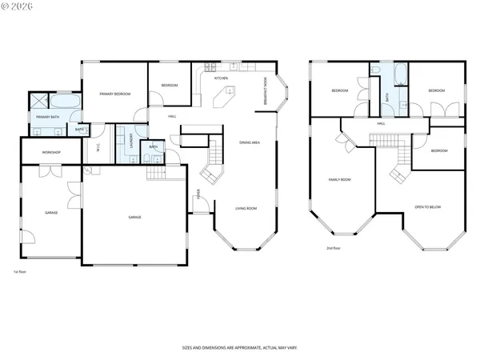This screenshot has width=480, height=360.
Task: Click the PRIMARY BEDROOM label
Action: (115, 94)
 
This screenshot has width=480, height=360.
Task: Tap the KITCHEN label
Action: (222, 78)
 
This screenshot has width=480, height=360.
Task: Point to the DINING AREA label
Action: (250, 142)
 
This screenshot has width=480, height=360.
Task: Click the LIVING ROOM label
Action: (246, 208)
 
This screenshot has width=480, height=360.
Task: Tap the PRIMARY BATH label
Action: (49, 118)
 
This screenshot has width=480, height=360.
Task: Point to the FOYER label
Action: (198, 193)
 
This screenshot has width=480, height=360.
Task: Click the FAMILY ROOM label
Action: (340, 179)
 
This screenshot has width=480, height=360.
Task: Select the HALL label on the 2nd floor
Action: (382, 124)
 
